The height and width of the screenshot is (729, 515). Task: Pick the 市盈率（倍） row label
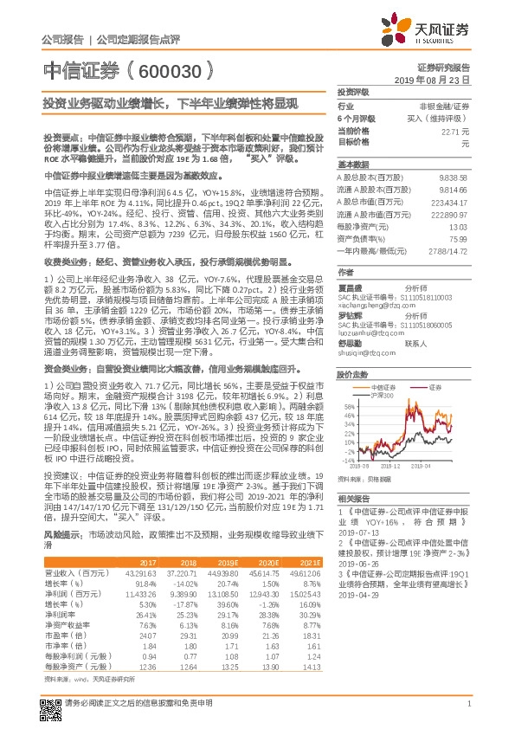pyautogui.click(x=61, y=639)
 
